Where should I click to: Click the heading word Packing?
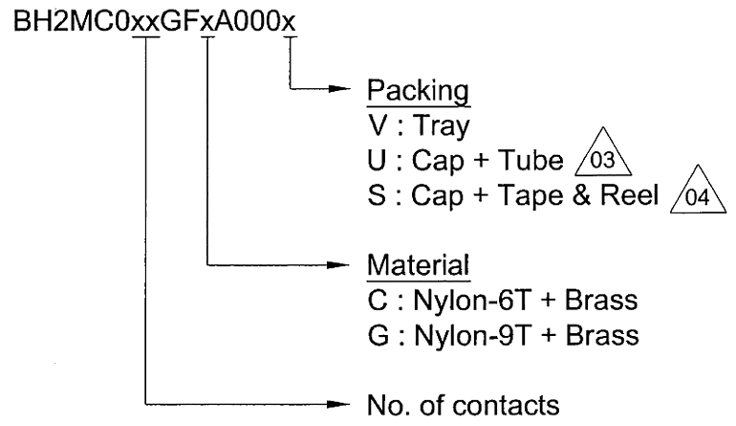(418, 91)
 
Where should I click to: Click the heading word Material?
(419, 265)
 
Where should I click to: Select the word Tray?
(442, 126)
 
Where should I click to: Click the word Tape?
(530, 196)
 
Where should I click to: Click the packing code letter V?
(378, 125)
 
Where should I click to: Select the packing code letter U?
(377, 160)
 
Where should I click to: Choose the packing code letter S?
(377, 194)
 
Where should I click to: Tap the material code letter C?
(378, 301)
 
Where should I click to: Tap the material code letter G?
(379, 336)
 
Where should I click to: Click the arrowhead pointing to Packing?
(339, 88)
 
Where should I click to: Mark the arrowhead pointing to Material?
(338, 265)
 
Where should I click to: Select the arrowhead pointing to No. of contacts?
(338, 404)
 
